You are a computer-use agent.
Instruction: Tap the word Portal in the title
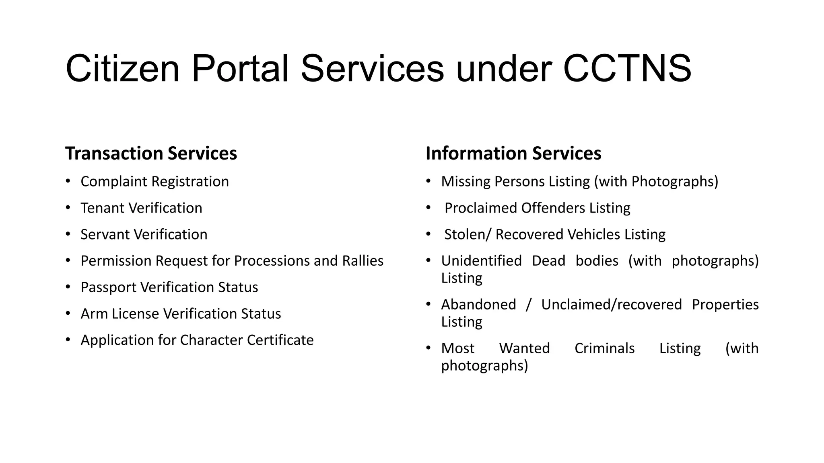240,68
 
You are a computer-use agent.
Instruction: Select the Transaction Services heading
151,153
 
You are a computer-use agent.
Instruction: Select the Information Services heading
513,153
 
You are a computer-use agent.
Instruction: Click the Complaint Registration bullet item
154,182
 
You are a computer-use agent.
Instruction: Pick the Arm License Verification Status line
181,314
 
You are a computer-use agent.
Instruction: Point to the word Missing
466,182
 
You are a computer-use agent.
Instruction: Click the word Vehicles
597,235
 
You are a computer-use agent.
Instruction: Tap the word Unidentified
481,261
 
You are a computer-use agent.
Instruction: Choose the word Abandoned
478,305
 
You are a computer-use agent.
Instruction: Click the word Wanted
524,348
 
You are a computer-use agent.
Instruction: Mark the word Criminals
604,348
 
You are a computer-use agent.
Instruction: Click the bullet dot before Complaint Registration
68,181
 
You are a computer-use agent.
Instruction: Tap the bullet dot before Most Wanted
428,348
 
